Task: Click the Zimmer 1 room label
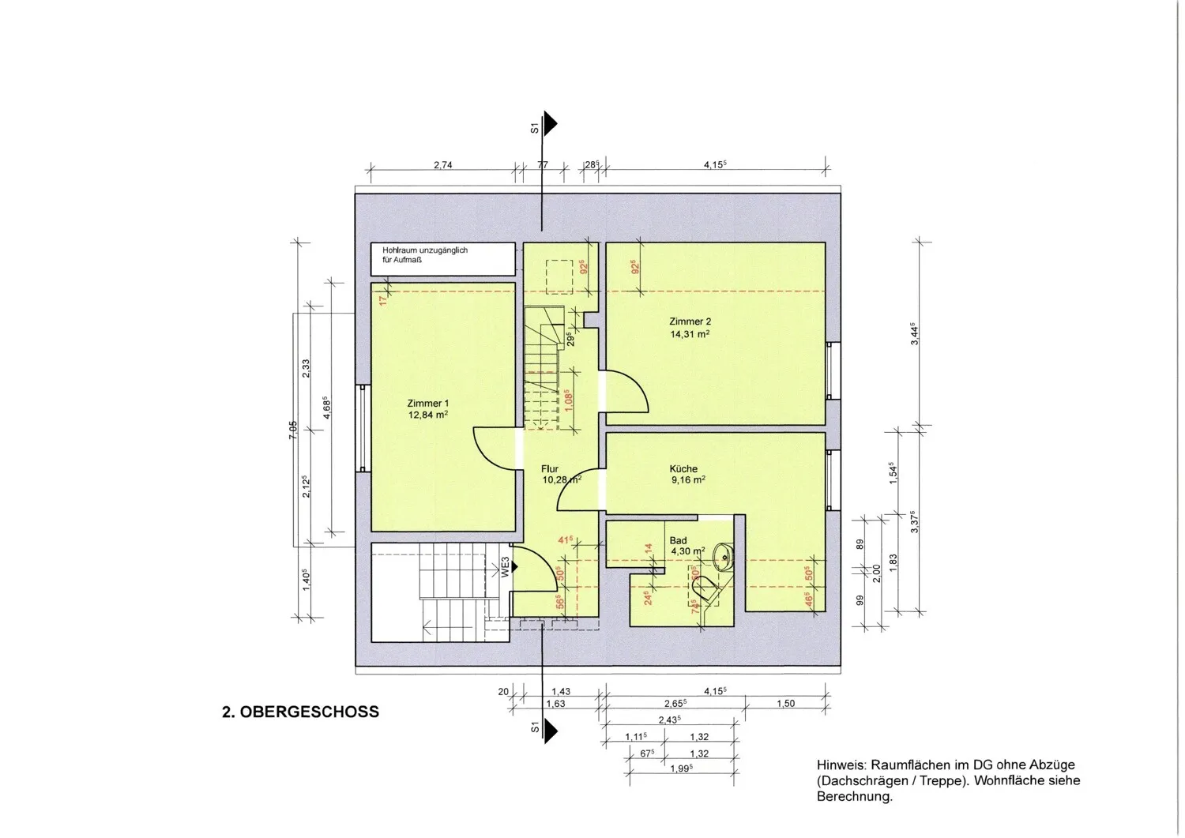(x=428, y=403)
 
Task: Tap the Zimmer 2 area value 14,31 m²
(x=690, y=334)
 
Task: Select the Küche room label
(x=683, y=468)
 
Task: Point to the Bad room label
(x=678, y=540)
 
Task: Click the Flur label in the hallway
(x=550, y=468)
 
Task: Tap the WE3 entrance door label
(x=506, y=566)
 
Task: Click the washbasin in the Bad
(x=723, y=558)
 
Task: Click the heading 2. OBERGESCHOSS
(x=300, y=712)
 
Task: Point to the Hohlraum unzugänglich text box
(x=442, y=259)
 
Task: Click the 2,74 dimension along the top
(x=442, y=165)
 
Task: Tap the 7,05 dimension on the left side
(x=293, y=430)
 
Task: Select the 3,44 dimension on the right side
(x=915, y=334)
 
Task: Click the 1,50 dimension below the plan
(x=785, y=704)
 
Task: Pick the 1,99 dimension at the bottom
(x=682, y=768)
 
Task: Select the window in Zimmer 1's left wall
(x=363, y=429)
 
